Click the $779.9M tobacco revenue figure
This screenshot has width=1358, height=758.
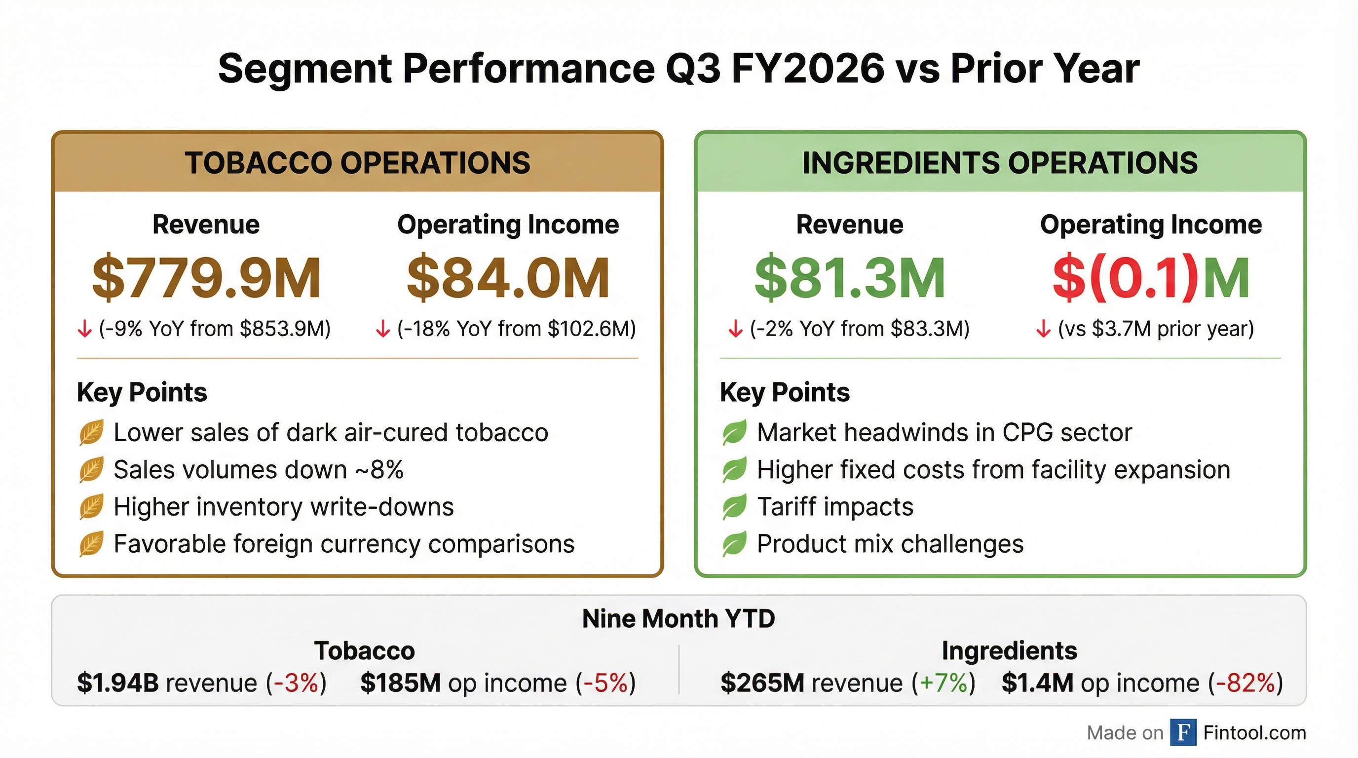206,278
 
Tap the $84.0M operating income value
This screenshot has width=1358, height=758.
508,278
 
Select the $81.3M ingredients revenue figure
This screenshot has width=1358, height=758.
849,278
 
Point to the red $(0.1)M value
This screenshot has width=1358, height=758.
1151,278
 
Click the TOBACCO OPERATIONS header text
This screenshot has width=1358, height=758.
357,162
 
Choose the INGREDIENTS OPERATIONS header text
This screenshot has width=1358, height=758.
1000,162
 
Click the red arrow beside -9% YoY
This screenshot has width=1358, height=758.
84,330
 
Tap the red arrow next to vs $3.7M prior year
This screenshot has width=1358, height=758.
1043,330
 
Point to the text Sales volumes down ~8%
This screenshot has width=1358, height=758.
258,470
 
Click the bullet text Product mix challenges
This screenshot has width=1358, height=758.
890,544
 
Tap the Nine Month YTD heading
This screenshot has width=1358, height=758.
679,618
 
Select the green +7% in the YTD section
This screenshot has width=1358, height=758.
943,683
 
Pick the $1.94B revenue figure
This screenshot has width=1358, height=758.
117,683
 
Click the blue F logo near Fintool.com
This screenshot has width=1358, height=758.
1183,732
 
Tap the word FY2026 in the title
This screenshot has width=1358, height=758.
807,69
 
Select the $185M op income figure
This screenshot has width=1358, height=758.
400,683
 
